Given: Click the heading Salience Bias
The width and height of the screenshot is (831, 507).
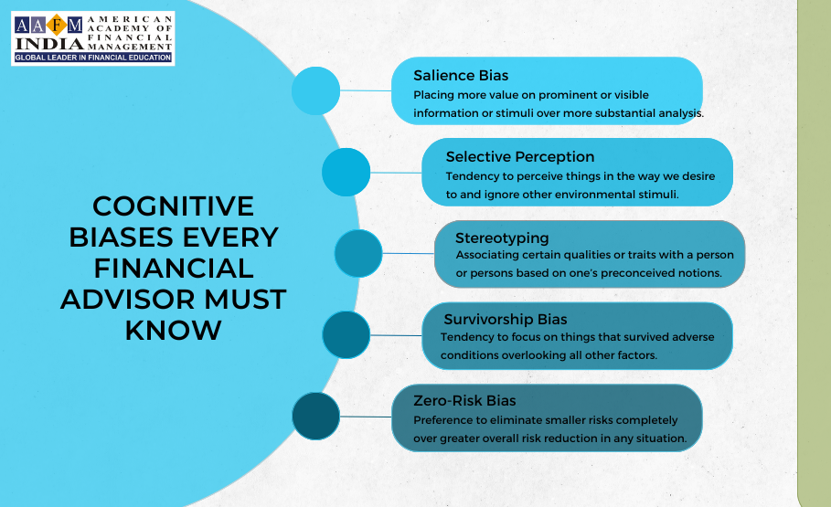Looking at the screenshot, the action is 461,76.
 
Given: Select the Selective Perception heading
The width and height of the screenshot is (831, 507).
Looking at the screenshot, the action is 520,157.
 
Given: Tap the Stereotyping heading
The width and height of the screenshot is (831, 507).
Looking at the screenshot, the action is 502,238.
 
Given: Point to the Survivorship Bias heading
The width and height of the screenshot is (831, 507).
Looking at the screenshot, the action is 505,320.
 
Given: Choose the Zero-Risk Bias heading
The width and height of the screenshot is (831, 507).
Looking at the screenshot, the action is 464,400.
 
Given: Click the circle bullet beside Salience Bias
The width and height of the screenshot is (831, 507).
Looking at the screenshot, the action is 315,90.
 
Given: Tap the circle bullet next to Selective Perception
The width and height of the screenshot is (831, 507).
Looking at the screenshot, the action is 346,172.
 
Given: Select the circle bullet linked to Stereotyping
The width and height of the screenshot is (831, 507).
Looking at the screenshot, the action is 358,253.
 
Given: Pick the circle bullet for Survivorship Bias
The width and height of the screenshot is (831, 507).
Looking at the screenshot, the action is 346,335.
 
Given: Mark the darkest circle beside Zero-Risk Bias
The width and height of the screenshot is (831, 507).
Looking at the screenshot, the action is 316,416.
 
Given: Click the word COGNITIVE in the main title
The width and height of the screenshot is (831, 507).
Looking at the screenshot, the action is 174,206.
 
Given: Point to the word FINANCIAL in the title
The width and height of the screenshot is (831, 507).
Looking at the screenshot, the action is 174,268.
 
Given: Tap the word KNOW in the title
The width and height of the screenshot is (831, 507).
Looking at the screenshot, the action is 174,330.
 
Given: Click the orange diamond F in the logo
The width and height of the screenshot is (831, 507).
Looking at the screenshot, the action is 56,25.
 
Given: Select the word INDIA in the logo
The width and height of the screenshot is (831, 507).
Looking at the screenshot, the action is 49,44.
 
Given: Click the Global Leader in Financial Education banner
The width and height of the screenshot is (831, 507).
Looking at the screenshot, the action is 92,58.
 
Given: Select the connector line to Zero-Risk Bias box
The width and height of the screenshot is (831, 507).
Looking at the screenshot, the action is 366,417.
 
